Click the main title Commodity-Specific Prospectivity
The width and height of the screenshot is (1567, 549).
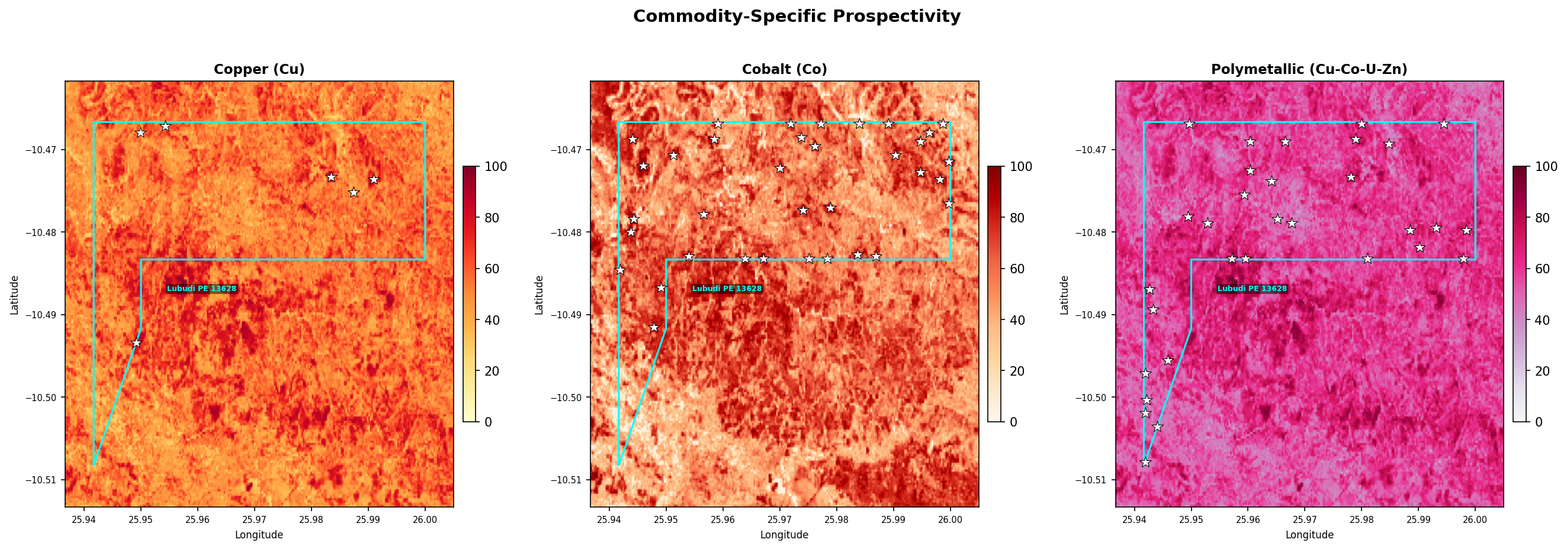[797, 17]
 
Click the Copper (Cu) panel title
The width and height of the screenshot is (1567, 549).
[259, 69]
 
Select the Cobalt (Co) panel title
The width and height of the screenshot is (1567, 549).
[784, 69]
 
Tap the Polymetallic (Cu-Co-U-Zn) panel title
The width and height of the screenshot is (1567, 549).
[1309, 69]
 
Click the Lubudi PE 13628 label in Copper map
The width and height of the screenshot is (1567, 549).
[201, 289]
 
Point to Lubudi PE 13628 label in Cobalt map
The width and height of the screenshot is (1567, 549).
[726, 289]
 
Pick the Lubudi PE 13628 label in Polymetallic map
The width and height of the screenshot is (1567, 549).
[1252, 289]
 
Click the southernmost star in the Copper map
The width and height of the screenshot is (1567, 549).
[136, 343]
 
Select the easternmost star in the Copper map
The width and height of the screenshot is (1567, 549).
[374, 179]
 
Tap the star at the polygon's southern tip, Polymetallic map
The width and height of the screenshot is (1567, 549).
[1145, 462]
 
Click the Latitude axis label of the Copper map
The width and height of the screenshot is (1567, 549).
[15, 295]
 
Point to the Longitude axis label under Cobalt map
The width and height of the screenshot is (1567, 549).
[784, 535]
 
